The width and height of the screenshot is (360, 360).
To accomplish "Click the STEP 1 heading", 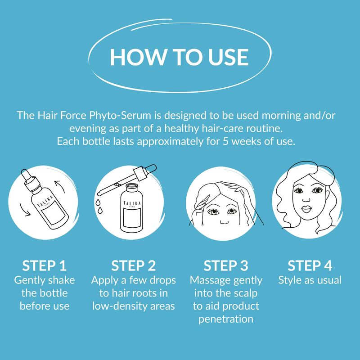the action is tap(44, 266).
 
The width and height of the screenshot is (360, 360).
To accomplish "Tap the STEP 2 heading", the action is tap(133, 266).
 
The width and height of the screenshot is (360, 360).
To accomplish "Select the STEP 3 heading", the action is tap(226, 266).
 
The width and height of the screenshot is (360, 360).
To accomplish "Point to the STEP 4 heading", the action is tap(310, 266).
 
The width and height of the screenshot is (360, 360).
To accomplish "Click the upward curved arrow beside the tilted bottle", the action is tap(59, 186).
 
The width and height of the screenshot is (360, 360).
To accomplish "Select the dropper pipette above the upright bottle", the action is tap(127, 180).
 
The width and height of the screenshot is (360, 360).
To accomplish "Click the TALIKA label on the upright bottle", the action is tap(132, 203).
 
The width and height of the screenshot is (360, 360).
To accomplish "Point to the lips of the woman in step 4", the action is tap(306, 209).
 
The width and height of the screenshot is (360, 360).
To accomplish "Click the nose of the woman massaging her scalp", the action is tap(224, 222).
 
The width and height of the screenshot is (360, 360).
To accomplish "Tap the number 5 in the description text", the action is tap(225, 141).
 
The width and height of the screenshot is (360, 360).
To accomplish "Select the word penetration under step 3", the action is tap(226, 319).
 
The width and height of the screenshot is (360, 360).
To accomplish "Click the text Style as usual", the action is tap(310, 280).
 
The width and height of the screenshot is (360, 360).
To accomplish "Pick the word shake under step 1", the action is tap(62, 280).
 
